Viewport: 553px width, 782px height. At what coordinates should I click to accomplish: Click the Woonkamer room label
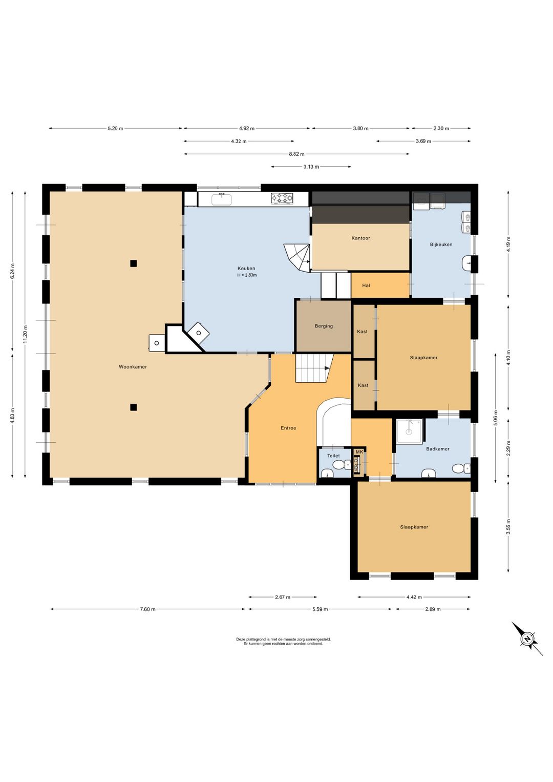(133, 367)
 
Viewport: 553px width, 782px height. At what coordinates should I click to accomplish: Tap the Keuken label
(246, 269)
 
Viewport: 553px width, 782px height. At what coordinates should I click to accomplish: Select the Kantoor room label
(361, 238)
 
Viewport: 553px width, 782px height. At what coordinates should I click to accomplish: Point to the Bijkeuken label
(441, 244)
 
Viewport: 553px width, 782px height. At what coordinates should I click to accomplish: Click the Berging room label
(324, 326)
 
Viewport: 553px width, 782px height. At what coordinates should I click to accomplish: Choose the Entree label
(289, 428)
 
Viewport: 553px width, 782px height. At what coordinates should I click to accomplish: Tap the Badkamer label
(438, 449)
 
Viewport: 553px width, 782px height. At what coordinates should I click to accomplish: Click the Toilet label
(333, 456)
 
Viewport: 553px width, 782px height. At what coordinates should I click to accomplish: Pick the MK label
(359, 452)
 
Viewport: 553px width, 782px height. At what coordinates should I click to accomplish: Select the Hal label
(366, 285)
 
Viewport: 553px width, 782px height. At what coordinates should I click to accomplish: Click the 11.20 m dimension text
(25, 334)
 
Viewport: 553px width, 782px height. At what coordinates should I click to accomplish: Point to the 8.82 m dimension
(296, 154)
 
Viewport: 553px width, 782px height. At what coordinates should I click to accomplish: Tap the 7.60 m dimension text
(147, 609)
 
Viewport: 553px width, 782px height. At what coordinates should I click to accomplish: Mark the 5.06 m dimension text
(496, 418)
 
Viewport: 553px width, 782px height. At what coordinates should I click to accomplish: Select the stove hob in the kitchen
(282, 198)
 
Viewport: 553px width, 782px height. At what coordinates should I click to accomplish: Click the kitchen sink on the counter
(221, 199)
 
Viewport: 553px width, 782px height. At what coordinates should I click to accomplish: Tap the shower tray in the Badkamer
(410, 431)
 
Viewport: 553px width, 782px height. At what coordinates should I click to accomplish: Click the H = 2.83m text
(247, 275)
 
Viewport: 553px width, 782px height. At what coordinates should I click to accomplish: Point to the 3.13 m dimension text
(311, 167)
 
